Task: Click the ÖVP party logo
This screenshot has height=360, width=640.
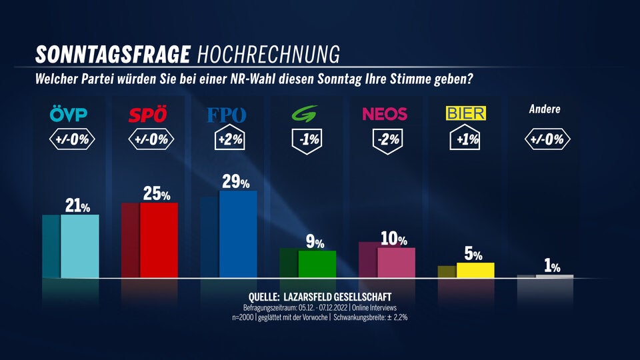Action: [69, 115]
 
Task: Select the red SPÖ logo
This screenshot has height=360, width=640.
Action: [147, 115]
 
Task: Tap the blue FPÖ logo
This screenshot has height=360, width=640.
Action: [226, 115]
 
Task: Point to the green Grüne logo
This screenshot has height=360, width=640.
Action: [307, 115]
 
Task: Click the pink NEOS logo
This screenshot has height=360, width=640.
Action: [385, 114]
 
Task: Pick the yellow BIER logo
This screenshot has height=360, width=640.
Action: [465, 114]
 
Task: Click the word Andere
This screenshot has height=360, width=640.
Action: [545, 109]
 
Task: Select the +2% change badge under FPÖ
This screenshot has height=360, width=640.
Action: [226, 140]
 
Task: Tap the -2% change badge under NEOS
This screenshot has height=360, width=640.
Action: [385, 140]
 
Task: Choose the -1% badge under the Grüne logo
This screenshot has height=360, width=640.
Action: [307, 140]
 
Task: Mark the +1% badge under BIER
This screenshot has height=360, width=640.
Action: [465, 140]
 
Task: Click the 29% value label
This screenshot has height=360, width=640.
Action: [235, 182]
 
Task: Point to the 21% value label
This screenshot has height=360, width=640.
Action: [77, 206]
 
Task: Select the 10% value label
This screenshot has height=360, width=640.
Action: [393, 239]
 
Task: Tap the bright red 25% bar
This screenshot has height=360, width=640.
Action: [159, 240]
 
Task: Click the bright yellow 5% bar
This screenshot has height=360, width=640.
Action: [475, 270]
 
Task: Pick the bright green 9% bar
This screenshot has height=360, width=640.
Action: [317, 264]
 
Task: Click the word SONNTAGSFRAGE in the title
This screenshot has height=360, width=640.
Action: [113, 53]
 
